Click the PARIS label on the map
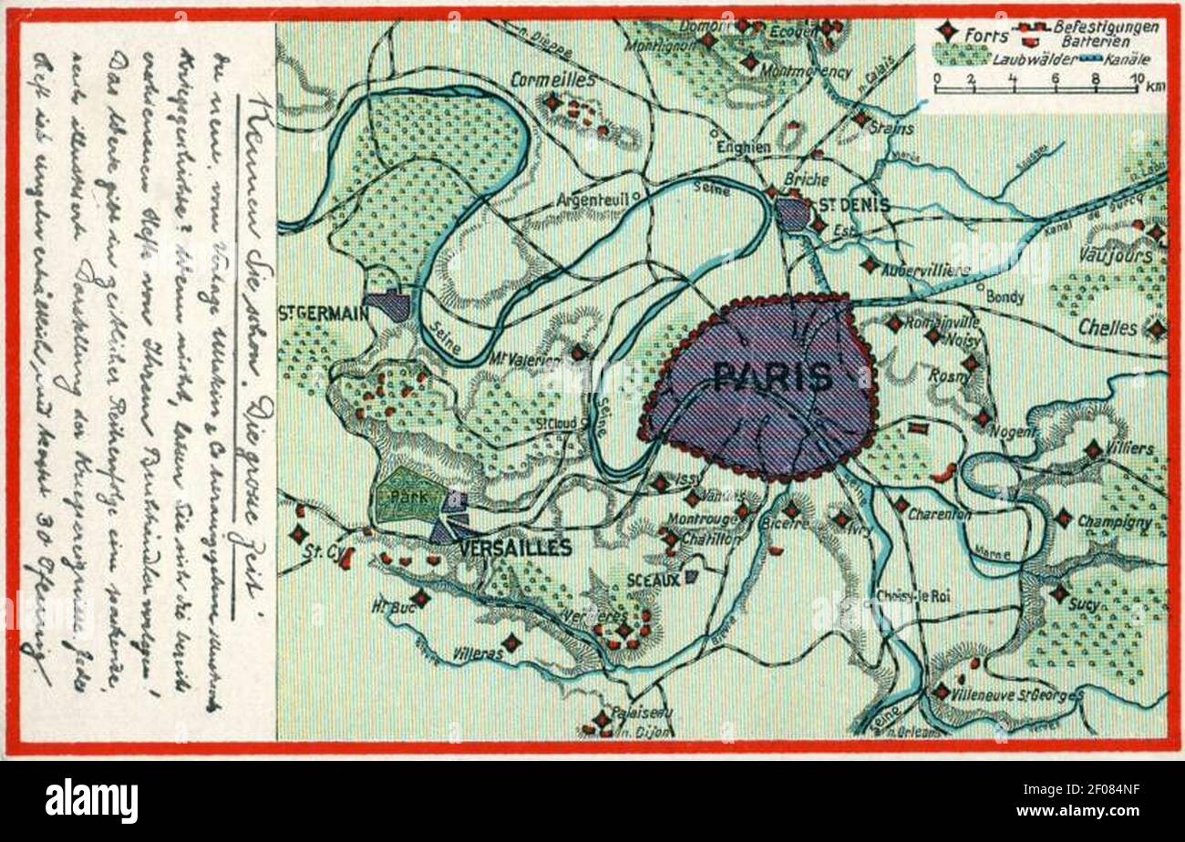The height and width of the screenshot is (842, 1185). [772, 376]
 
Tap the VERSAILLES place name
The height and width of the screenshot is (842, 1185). [516, 548]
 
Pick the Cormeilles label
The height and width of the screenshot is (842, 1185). [552, 79]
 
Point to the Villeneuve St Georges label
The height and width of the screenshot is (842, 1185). [1017, 695]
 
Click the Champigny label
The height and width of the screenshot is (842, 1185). [1114, 522]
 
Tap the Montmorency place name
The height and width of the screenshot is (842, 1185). [806, 71]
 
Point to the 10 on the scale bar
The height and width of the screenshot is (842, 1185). [1135, 77]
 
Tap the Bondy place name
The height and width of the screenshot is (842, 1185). [1005, 297]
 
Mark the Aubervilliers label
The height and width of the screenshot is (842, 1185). [925, 270]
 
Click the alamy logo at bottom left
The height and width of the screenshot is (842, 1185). [91, 801]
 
